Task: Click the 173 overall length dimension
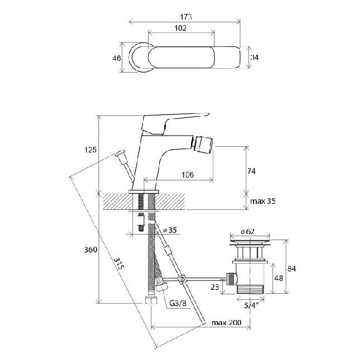click(x=185, y=17)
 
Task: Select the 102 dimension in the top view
click(x=180, y=28)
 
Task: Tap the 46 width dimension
click(x=117, y=58)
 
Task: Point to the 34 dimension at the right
click(x=255, y=57)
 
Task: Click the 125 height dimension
click(x=90, y=150)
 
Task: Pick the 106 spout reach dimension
click(x=187, y=175)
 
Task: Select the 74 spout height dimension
click(x=251, y=171)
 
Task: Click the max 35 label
click(x=263, y=201)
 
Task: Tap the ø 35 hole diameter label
click(x=170, y=230)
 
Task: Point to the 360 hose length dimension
click(x=90, y=250)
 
